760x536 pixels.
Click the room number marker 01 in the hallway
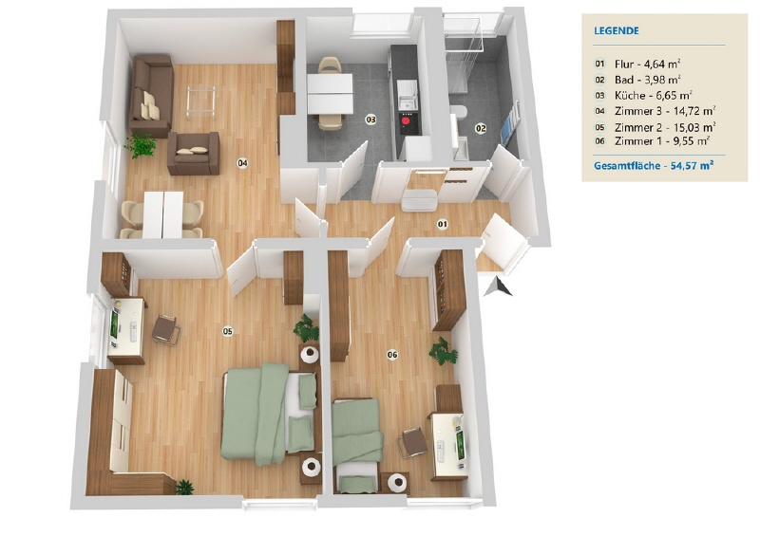[442, 225]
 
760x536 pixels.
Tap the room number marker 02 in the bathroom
[481, 128]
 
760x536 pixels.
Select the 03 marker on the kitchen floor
[370, 120]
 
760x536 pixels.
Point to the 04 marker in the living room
[243, 163]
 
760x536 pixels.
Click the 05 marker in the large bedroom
[228, 331]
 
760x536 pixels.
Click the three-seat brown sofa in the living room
[151, 94]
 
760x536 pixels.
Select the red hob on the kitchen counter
[408, 120]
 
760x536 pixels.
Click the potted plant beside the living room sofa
[142, 146]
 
